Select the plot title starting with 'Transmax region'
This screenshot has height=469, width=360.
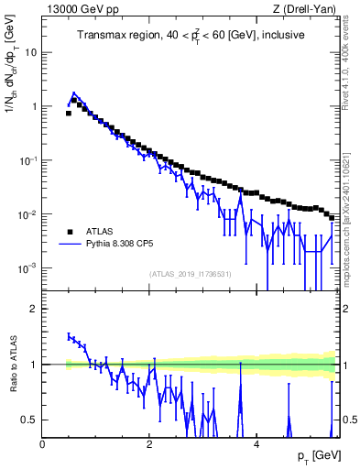pos(191,35)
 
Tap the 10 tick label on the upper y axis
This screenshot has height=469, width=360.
pos(31,52)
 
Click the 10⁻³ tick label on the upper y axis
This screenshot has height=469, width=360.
pos(28,268)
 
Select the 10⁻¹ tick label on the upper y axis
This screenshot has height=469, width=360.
pos(28,160)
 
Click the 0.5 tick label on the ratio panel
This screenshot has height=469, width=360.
pos(29,420)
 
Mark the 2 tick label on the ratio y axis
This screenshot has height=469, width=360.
pos(34,309)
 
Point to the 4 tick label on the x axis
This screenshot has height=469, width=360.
pos(256,445)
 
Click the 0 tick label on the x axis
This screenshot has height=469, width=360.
pos(42,445)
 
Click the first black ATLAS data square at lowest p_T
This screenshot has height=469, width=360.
pos(69,114)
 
